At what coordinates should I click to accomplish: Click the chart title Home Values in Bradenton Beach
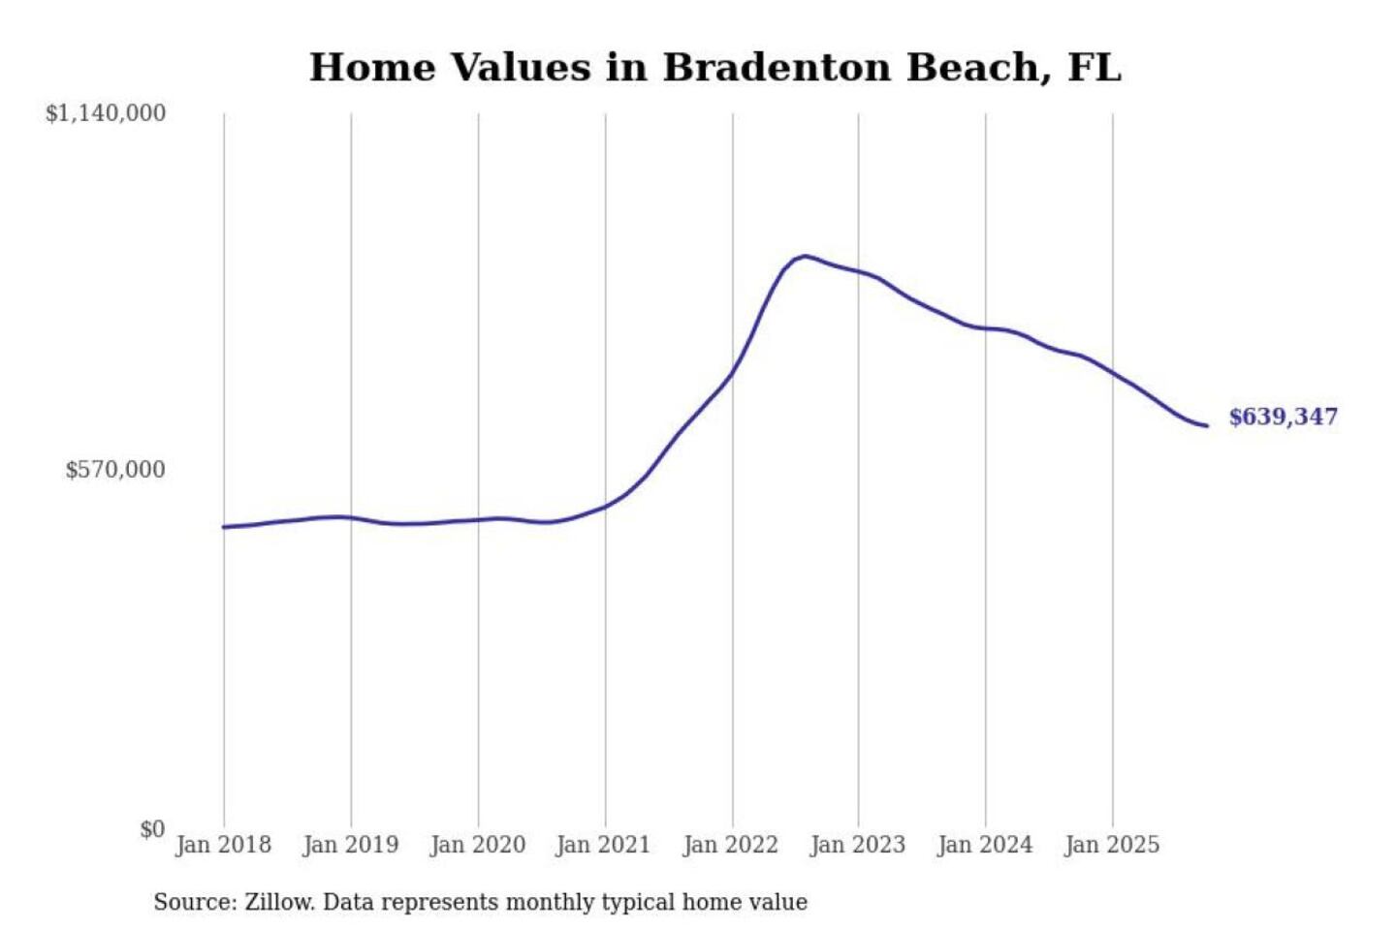point(714,68)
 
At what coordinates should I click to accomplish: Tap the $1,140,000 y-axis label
point(106,113)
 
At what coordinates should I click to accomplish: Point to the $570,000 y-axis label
point(115,470)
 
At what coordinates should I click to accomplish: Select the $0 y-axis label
point(152,829)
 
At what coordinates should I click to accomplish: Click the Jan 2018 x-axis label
point(223,845)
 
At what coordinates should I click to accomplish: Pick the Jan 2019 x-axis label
point(350,845)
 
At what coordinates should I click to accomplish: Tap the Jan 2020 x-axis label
point(477,845)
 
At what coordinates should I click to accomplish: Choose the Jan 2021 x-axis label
point(603,845)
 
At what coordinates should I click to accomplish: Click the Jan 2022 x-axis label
point(730,845)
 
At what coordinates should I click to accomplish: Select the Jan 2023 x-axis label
point(857,845)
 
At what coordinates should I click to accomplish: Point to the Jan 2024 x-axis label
point(985,845)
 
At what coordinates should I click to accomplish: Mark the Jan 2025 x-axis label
point(1111,845)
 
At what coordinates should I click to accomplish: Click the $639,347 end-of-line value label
point(1283,417)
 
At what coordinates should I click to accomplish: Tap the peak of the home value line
point(804,256)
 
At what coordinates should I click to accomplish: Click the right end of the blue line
point(1207,426)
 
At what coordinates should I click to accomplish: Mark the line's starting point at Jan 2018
point(224,527)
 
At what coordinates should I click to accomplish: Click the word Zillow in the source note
point(278,903)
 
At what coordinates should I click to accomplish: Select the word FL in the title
point(1095,68)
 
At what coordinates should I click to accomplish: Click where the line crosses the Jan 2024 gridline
point(986,328)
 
